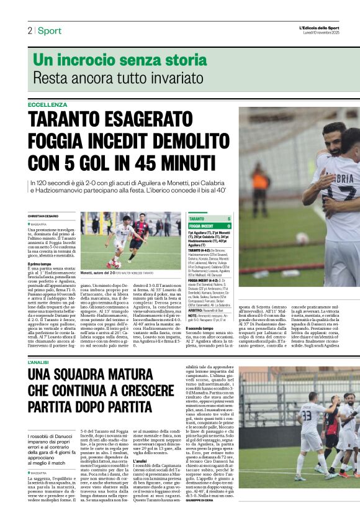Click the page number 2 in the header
(29, 30)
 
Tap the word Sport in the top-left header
(49, 30)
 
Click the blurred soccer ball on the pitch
(302, 238)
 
